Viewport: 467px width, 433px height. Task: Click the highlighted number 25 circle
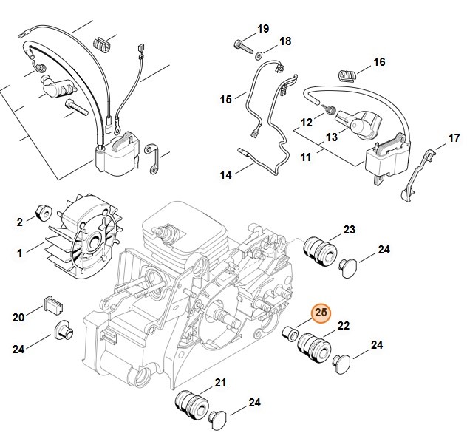point(321,313)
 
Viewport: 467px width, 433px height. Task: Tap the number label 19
point(262,29)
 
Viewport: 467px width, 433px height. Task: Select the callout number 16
point(379,62)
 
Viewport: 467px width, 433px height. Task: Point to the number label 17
point(454,138)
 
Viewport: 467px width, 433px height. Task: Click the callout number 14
point(225,174)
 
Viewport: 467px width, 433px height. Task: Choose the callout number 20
point(18,317)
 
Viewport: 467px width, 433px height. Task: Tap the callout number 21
point(220,381)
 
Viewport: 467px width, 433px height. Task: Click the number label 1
point(20,253)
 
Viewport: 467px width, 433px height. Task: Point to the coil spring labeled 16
point(347,74)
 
